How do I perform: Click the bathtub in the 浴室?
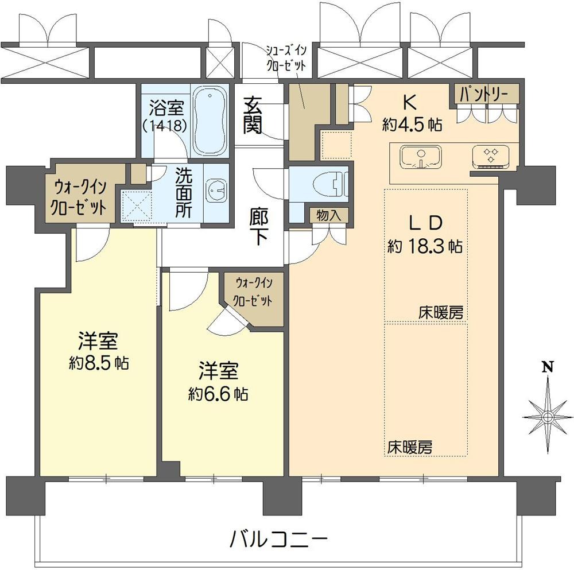(210, 121)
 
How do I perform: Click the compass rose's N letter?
(548, 366)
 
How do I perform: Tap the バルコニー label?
(278, 539)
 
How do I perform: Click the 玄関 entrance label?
(253, 115)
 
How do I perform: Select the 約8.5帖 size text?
(99, 363)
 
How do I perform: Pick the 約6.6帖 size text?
(218, 394)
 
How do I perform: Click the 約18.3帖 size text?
(425, 246)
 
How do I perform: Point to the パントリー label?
(483, 95)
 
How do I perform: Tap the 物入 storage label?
(328, 216)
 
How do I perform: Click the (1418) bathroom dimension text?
(165, 126)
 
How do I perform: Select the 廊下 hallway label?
(259, 227)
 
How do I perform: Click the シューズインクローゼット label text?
(286, 58)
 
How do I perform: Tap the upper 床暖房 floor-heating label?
(441, 313)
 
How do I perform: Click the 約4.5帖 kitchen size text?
(412, 125)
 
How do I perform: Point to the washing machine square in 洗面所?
(137, 207)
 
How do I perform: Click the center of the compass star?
(548, 417)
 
